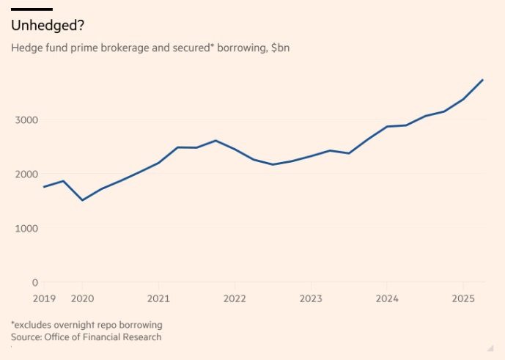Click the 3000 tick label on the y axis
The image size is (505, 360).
26,120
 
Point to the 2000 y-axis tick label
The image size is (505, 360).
26,174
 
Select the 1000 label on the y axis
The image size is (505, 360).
26,228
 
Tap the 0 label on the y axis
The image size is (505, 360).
34,282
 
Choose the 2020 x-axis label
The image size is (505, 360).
82,298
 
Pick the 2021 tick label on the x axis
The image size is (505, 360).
158,298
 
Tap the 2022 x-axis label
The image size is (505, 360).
235,298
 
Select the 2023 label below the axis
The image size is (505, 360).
311,298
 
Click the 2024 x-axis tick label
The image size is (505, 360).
387,298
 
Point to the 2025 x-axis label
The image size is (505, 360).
462,298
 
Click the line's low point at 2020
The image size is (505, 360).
82,200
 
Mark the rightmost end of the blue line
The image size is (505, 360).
482,79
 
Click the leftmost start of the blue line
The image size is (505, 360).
44,187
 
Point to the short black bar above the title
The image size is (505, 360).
32,9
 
